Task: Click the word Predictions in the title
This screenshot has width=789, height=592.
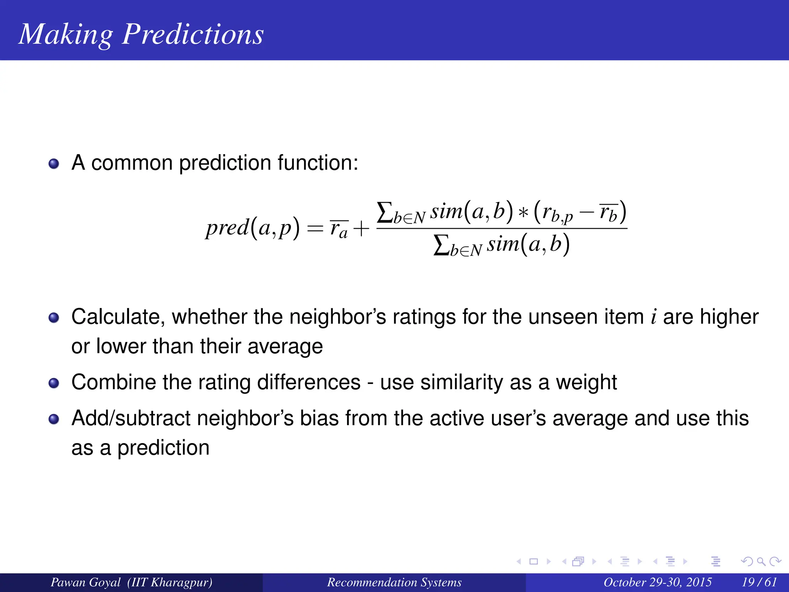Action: click(193, 35)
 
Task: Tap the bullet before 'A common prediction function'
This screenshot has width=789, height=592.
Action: click(54, 164)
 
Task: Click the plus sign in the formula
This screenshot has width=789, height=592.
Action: click(361, 229)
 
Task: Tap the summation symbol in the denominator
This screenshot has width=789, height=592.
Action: click(441, 245)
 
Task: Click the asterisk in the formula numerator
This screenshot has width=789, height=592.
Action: click(523, 213)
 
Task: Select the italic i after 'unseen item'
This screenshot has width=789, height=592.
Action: click(653, 317)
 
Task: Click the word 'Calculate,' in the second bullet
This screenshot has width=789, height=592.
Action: click(118, 317)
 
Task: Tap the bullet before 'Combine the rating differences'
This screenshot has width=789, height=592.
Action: click(54, 383)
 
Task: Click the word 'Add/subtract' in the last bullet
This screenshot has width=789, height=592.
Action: click(131, 418)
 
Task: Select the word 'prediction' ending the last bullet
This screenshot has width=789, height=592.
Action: click(163, 448)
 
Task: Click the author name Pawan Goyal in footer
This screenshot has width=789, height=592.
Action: click(86, 582)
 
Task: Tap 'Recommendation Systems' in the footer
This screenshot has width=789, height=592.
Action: click(394, 582)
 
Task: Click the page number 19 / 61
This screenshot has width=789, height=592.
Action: click(759, 582)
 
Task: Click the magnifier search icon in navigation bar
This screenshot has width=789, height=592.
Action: click(761, 562)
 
